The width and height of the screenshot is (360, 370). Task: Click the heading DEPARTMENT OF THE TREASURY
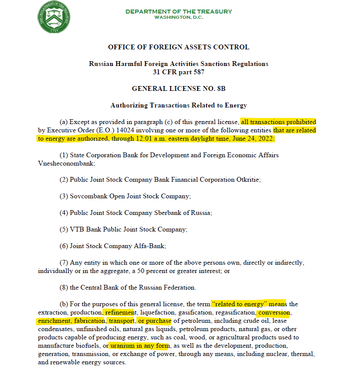(x=178, y=11)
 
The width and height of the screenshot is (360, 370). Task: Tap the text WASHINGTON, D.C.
(x=178, y=17)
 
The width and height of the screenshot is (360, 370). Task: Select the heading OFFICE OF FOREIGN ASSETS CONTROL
(x=178, y=47)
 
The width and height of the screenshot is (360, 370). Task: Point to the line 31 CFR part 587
(x=178, y=72)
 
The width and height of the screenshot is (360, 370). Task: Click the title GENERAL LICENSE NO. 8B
(x=178, y=89)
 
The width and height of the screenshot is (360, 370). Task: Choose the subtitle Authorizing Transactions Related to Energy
(x=178, y=105)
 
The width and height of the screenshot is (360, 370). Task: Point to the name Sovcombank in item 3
(x=86, y=196)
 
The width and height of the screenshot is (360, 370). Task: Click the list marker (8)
(x=64, y=287)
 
